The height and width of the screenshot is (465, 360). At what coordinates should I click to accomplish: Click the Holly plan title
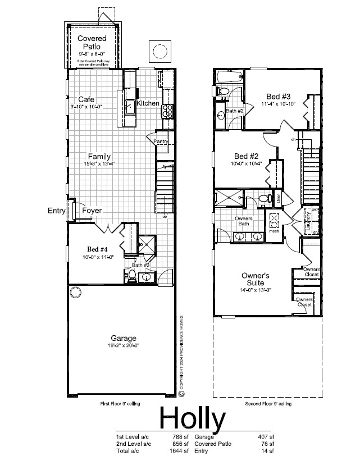(193, 418)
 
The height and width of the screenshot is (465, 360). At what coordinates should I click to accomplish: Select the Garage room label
(124, 338)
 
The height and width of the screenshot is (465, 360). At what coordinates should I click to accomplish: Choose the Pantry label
(161, 142)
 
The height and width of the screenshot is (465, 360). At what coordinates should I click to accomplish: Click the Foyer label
(92, 211)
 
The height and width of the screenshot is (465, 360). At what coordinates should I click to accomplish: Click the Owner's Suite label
(256, 279)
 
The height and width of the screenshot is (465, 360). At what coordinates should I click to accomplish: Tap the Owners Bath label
(243, 221)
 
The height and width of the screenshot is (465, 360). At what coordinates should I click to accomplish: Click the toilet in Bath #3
(131, 275)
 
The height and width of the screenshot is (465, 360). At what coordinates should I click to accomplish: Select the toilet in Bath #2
(223, 91)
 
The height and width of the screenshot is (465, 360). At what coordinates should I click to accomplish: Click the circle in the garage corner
(75, 292)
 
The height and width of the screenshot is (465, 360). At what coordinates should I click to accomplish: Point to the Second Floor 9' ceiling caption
(268, 404)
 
